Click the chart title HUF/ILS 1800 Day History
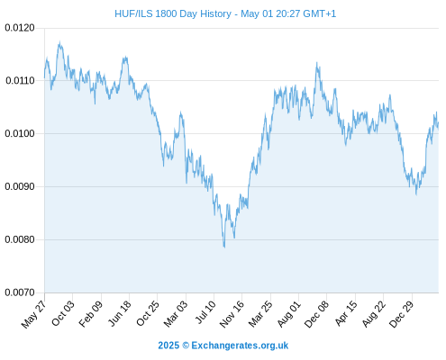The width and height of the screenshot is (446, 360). (173, 13)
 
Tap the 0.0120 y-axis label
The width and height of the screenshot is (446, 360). (20, 28)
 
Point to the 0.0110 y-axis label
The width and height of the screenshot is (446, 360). (20, 80)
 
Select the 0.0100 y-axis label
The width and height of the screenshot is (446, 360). (20, 133)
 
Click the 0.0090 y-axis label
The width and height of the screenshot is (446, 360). (20, 186)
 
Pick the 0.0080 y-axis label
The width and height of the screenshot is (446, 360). (20, 239)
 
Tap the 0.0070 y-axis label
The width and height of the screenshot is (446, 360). (20, 292)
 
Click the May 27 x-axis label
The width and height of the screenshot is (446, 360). (33, 314)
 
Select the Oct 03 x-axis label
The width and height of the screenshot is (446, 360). (62, 313)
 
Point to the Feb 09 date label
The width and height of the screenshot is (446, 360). (90, 314)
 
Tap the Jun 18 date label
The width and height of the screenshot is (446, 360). (119, 313)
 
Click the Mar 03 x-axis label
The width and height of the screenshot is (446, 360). (176, 314)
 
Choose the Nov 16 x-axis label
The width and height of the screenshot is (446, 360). (232, 314)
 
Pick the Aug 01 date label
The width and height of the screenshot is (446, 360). (288, 314)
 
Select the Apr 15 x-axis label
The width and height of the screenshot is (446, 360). (346, 313)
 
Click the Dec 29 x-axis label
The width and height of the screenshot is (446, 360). (401, 314)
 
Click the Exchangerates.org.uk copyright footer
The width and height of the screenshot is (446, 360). (223, 346)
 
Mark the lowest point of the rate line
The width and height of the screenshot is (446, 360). (224, 247)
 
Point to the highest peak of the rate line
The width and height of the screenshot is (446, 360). (59, 42)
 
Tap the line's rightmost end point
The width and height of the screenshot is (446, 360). (439, 123)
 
